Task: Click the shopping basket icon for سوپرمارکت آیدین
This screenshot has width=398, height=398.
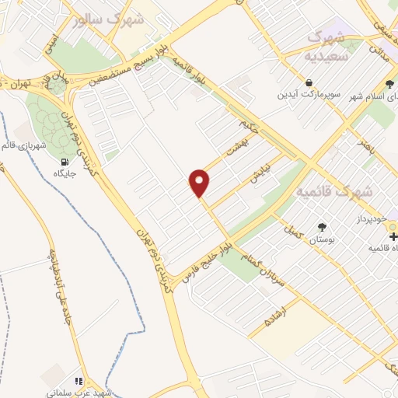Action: click(x=310, y=82)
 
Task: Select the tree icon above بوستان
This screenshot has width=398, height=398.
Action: click(x=322, y=227)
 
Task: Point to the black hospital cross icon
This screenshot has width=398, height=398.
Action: click(x=393, y=235)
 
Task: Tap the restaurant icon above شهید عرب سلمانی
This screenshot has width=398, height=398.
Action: click(x=78, y=381)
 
